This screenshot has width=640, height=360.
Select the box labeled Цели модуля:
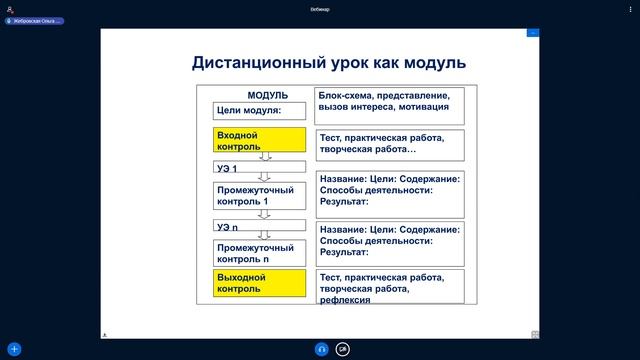pos(259,110)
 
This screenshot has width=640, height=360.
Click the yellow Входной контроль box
pos(259,139)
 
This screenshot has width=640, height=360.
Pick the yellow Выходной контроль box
pos(259,282)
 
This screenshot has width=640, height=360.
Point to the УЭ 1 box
pos(259,167)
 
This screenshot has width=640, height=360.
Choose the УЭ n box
pos(259,227)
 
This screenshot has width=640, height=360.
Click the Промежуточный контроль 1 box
pos(259,195)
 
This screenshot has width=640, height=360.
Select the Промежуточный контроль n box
pos(259,253)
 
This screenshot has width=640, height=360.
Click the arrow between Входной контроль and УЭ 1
pos(265,156)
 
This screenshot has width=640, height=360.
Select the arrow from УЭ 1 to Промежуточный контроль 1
pos(265,177)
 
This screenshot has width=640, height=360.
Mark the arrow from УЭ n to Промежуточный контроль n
pos(265,236)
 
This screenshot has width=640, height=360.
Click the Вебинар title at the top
pos(320,9)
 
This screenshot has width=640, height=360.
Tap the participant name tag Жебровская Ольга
pos(36,20)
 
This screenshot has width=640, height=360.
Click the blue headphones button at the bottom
pos(321,349)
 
